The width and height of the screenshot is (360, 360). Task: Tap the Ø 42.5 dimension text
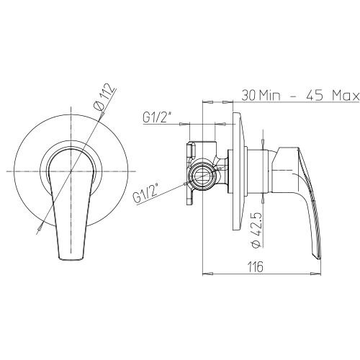coord(256,229)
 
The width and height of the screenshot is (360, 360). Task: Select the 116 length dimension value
coord(256,266)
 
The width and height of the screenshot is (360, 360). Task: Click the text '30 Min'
coord(261,96)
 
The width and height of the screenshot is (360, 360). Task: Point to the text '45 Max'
coord(333,96)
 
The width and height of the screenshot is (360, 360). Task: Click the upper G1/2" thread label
coord(158,117)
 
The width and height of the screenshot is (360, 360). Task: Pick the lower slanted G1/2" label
coord(146,193)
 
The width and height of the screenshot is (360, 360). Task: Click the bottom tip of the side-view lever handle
coord(319,258)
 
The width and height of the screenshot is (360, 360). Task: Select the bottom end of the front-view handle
coord(71,258)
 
